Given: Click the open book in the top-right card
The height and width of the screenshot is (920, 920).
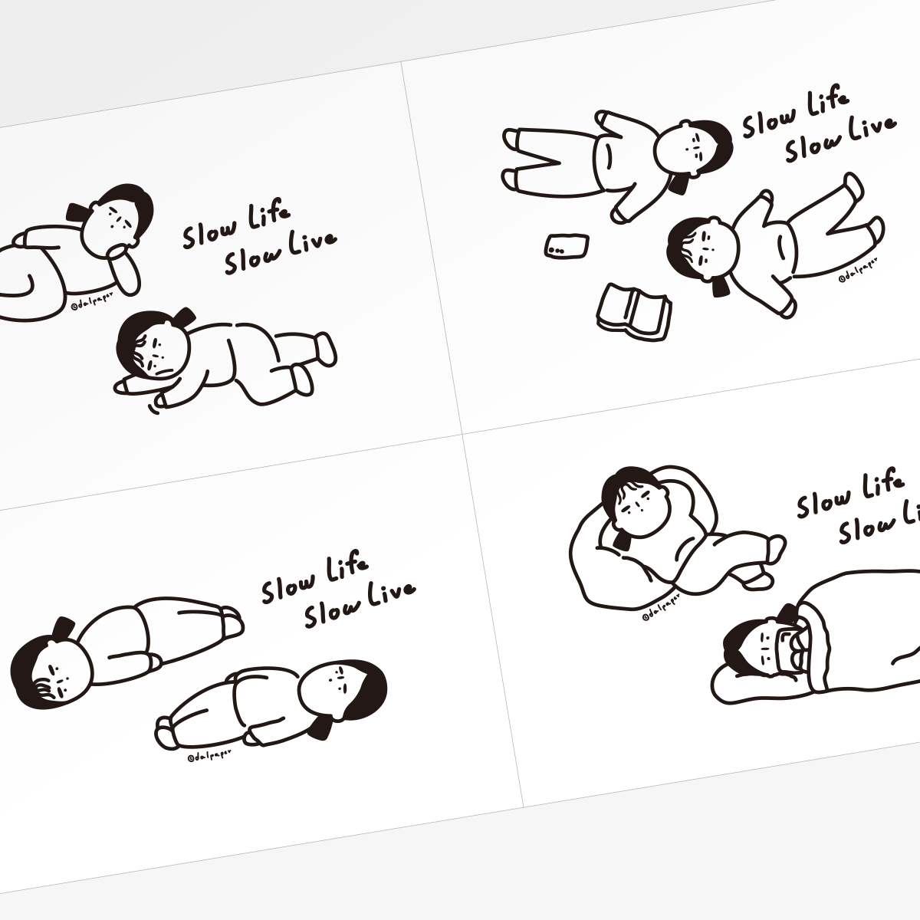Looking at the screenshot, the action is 633,312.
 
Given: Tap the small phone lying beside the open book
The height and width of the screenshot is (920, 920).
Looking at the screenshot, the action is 567,246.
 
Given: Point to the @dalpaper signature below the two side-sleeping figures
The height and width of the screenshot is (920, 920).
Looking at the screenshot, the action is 209,755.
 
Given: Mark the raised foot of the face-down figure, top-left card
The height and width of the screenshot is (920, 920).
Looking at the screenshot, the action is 322,350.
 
